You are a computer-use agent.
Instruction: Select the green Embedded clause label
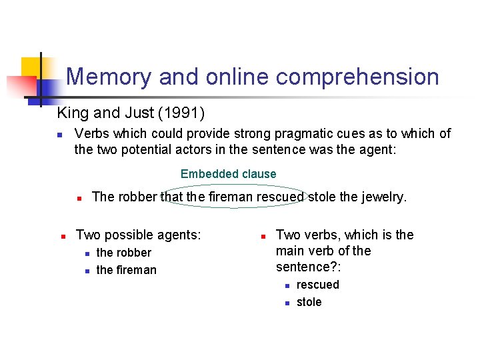(x=228, y=174)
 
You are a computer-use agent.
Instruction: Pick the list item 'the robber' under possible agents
(x=124, y=253)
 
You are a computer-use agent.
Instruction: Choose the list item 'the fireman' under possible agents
(x=127, y=270)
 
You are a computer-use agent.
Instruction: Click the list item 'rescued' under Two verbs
(x=318, y=285)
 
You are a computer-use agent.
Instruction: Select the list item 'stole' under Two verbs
(x=309, y=302)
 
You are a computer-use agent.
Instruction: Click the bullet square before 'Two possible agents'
(x=61, y=236)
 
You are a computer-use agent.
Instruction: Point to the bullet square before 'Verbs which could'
(x=59, y=135)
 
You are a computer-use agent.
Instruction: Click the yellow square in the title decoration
(x=31, y=67)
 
